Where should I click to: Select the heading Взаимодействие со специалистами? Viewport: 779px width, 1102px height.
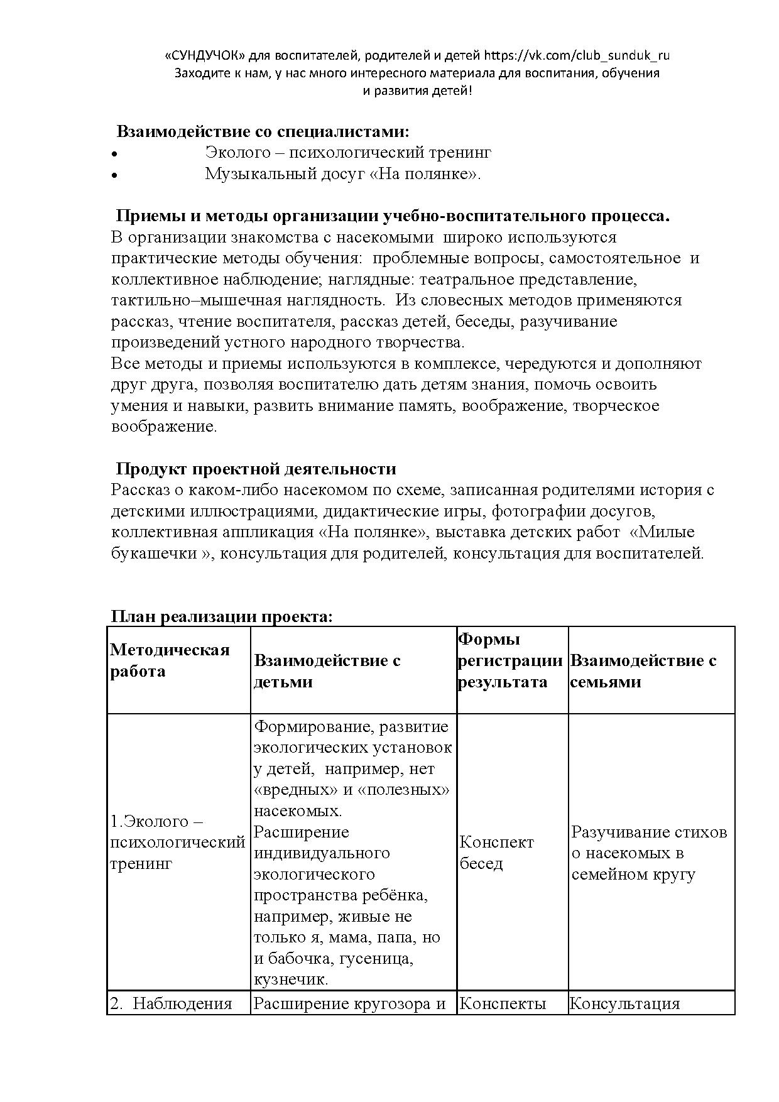click(263, 132)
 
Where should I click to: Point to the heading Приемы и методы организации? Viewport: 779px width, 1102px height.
click(393, 216)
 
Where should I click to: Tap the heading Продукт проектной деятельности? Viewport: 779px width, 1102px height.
click(256, 469)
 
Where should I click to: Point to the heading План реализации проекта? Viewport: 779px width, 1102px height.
click(222, 616)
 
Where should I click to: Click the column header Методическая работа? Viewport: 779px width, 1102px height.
click(170, 660)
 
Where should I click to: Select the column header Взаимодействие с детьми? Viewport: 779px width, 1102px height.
click(327, 671)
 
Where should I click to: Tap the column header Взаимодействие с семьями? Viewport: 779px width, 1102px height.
click(643, 671)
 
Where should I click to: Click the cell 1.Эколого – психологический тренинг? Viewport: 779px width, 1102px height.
click(177, 843)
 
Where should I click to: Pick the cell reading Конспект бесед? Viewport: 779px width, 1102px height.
click(496, 853)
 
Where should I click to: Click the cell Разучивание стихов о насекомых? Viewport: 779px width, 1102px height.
click(649, 853)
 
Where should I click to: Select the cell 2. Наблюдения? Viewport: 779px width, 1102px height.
click(171, 1003)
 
